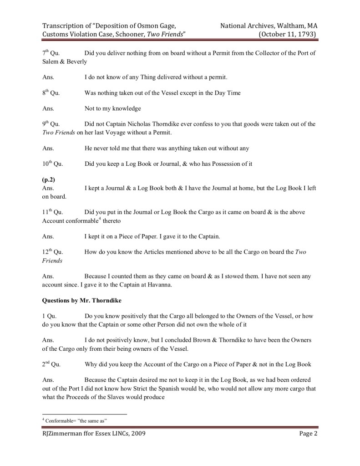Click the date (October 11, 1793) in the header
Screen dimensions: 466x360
click(288, 34)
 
